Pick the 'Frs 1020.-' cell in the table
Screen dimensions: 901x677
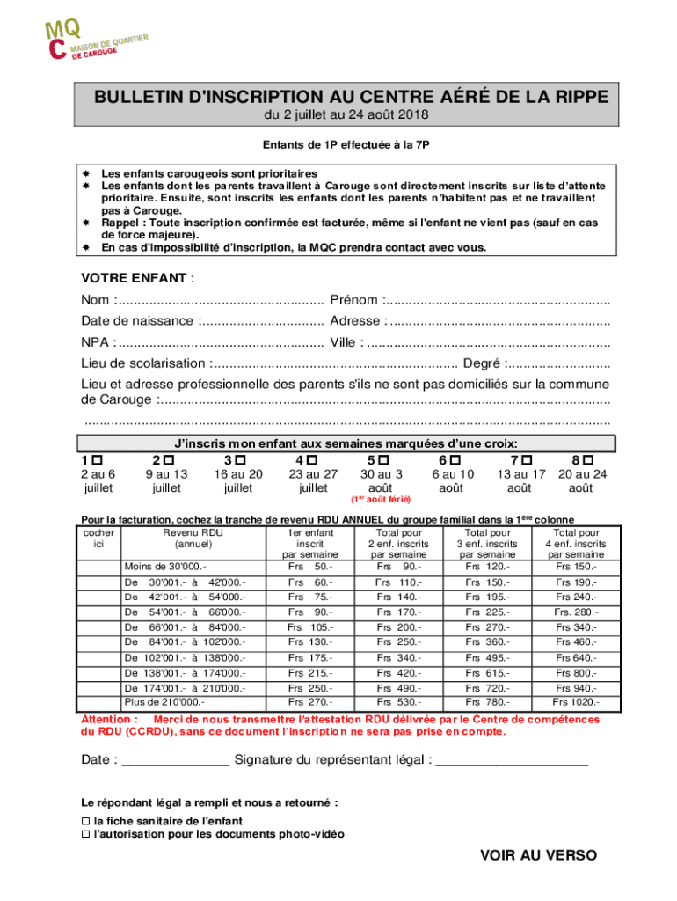click(576, 702)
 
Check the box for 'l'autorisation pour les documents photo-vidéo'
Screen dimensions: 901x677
click(85, 833)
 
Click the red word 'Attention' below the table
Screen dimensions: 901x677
click(107, 719)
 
